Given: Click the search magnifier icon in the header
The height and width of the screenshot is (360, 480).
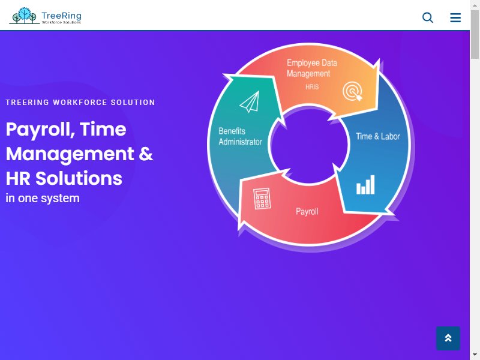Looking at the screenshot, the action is coord(428,17).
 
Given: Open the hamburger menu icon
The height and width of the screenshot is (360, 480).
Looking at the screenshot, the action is coord(455,17).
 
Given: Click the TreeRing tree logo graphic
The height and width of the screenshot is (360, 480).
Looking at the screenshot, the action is coord(25,16).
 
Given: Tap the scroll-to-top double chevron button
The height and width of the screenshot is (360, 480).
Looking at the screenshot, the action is coord(448,338).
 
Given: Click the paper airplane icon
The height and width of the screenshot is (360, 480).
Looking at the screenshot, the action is coord(250,102).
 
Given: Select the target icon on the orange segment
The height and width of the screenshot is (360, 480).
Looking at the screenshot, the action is coord(353,91).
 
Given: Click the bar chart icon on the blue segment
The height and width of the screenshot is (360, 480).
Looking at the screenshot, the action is coord(365,185).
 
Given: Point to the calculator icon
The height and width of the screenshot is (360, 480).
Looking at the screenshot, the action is coord(262,199).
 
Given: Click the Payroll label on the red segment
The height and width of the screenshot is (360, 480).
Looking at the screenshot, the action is coord(307,212).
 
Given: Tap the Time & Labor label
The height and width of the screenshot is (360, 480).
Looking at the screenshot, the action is coord(378,136).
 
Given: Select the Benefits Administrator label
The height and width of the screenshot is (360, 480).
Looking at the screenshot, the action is coord(241,137).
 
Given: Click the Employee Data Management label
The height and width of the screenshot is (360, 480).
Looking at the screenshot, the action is coord(311,68).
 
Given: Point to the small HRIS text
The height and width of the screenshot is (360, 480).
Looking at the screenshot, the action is coord(312,87).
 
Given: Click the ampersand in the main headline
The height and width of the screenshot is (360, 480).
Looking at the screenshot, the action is coord(146,154).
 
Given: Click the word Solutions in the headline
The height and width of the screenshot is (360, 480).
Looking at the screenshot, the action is coord(79,178).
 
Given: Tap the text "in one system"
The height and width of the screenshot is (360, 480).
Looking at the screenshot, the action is coord(43,199).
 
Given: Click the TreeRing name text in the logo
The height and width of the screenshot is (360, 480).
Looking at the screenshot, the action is coord(61,16).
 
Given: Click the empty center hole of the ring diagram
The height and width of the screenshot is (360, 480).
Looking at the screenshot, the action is coord(309,145).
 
